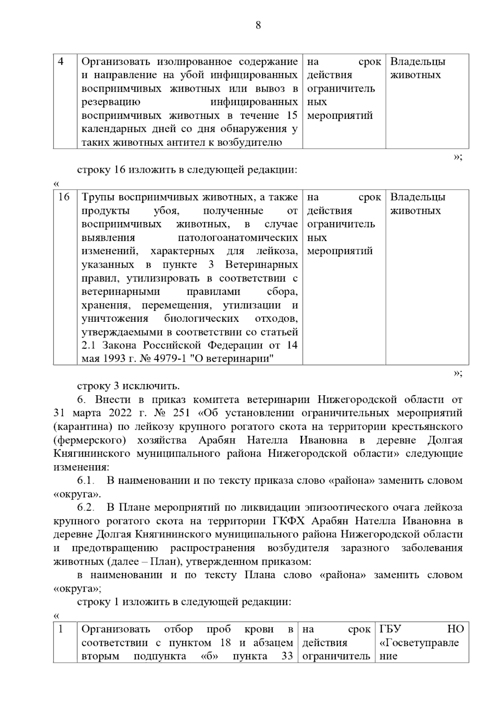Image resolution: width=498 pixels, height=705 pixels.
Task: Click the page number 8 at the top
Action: coord(258,26)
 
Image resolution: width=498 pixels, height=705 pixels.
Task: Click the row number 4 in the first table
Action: coord(61,62)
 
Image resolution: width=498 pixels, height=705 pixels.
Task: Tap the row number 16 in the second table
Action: coord(63,197)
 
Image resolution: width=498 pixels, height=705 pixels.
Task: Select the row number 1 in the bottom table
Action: coord(61,629)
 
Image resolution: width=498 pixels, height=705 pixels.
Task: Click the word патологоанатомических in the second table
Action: coord(237,238)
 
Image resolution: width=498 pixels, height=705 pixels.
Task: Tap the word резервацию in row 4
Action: coord(111,102)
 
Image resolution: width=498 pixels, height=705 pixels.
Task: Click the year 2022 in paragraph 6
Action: coord(121,413)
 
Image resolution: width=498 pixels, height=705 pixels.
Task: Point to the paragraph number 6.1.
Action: coord(86,481)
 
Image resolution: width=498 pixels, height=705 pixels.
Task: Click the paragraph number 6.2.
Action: coord(86,508)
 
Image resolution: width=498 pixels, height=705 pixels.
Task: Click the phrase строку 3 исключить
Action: coord(128,386)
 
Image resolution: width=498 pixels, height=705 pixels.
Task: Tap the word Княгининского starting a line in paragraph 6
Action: coord(92,454)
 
